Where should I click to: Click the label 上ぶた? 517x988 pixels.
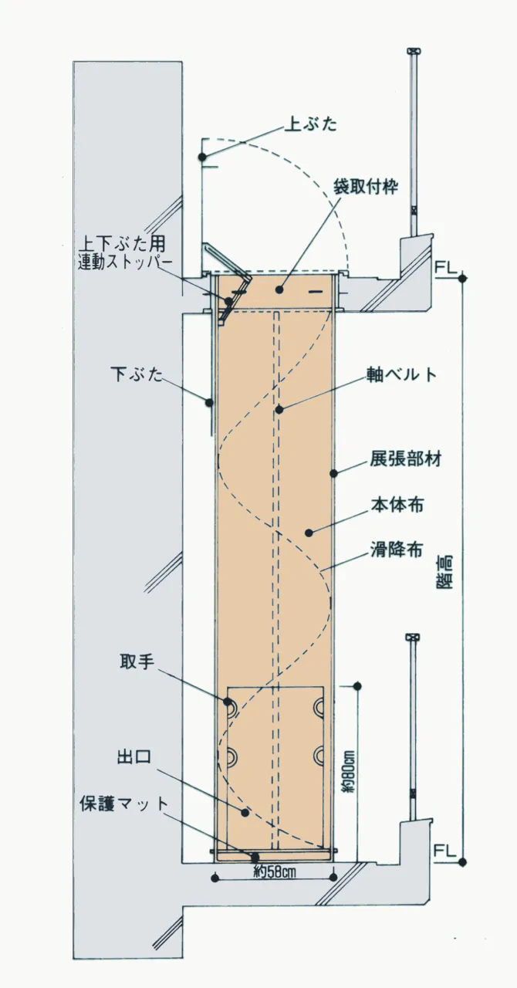click(x=310, y=125)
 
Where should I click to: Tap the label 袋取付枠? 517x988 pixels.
click(x=366, y=187)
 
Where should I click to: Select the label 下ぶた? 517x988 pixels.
click(x=137, y=374)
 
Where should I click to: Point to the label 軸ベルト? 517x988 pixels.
click(x=401, y=374)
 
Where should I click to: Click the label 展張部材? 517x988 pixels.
click(x=406, y=459)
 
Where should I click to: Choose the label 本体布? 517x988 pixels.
click(x=397, y=504)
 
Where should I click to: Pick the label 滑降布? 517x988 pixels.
click(x=397, y=550)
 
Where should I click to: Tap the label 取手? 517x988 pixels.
click(x=137, y=662)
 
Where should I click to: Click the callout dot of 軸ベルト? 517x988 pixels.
click(x=279, y=409)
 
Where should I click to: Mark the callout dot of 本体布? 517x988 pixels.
click(x=309, y=533)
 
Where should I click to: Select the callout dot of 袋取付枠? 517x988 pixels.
click(x=279, y=289)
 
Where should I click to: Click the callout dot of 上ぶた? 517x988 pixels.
click(x=202, y=157)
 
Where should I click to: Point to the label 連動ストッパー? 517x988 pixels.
click(x=125, y=263)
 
